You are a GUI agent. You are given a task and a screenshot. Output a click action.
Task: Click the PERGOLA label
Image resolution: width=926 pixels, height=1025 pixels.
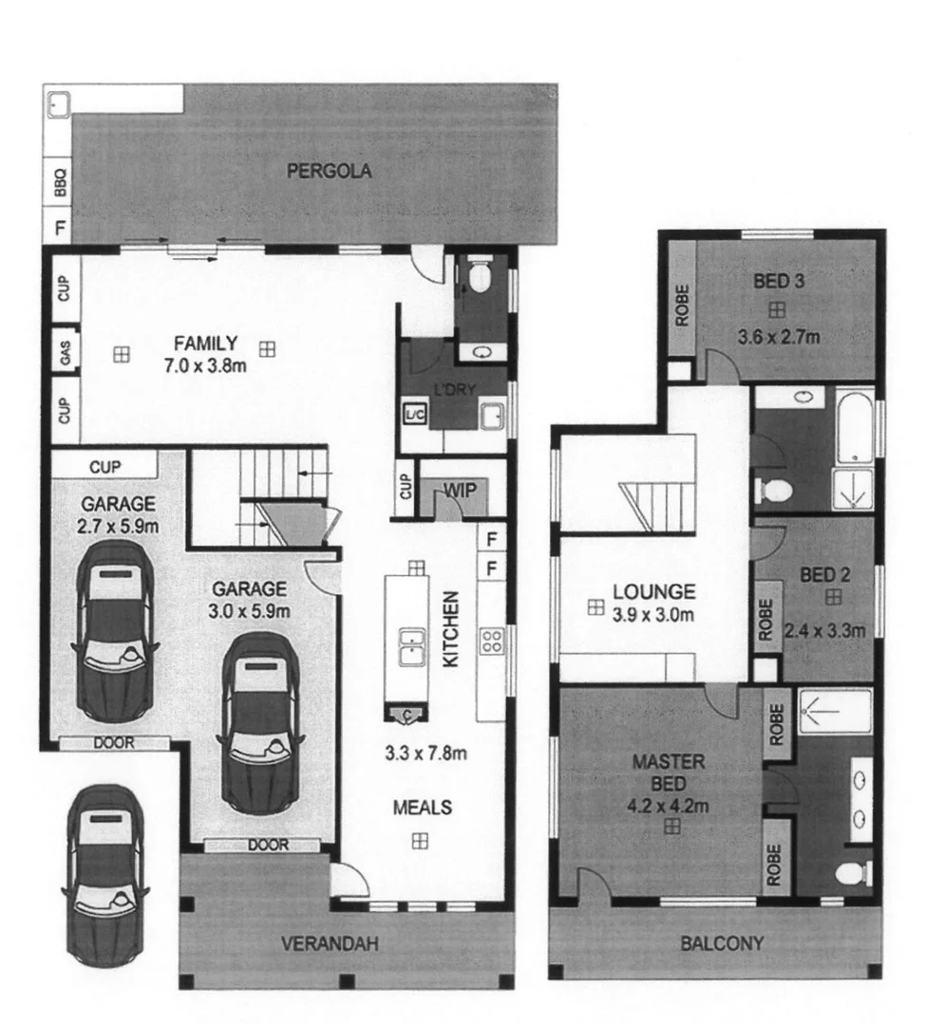point(329,172)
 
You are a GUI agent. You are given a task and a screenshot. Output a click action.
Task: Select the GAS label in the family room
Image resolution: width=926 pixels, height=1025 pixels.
point(65,354)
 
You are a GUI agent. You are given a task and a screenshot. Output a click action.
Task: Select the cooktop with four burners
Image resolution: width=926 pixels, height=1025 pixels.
point(493,643)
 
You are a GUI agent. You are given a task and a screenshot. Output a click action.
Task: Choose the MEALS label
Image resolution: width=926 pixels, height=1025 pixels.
point(423,809)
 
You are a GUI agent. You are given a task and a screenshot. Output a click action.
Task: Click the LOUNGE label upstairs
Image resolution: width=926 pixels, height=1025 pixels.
point(653,591)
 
